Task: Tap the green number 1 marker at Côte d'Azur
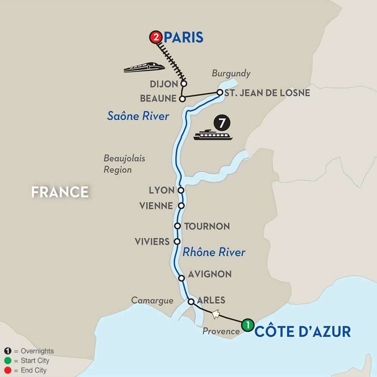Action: (248, 324)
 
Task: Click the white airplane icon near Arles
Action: (216, 314)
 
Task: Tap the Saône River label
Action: (138, 116)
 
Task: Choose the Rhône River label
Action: (214, 252)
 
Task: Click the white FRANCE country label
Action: (60, 192)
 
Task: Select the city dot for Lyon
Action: (181, 190)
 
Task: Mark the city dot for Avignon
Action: (181, 278)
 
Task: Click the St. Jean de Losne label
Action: (267, 93)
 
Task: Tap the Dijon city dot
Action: (183, 84)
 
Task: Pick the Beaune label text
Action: (158, 99)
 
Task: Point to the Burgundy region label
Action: (231, 73)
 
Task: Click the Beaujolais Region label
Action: (118, 164)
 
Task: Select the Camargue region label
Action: (152, 300)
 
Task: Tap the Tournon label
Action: (207, 226)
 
